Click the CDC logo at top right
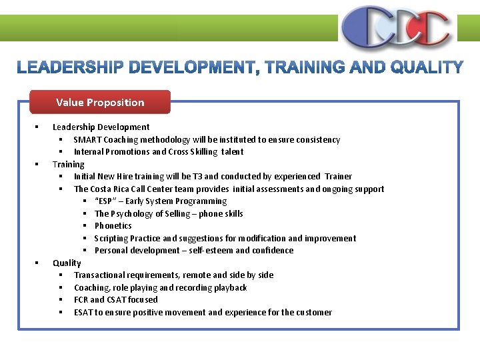(396, 27)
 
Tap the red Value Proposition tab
(100, 102)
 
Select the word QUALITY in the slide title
(427, 67)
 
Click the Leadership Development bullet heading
(101, 127)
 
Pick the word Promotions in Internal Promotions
(129, 151)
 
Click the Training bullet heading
(69, 164)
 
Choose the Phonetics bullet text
(113, 225)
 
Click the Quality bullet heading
(67, 263)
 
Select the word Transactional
(101, 275)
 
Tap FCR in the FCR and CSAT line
(81, 299)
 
